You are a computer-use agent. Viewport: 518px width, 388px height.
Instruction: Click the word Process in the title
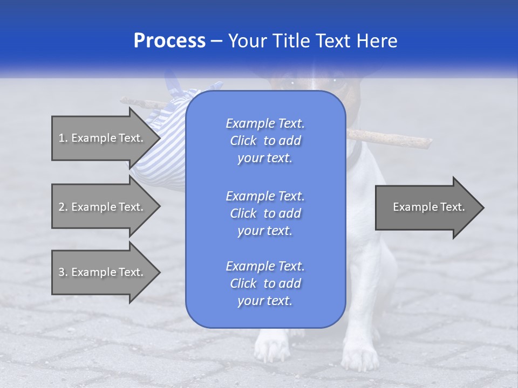point(169,41)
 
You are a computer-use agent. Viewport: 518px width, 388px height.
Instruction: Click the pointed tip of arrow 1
point(158,138)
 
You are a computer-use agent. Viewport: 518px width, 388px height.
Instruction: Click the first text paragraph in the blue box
point(265,141)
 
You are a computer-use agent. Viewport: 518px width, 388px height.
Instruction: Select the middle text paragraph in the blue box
point(265,213)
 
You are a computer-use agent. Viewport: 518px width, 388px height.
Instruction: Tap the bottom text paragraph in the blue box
point(265,283)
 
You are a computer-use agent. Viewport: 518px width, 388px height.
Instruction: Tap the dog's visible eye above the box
point(336,81)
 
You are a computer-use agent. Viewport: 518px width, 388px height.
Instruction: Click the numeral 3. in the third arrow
point(63,272)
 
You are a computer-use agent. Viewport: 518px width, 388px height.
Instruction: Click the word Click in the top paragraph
point(243,141)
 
